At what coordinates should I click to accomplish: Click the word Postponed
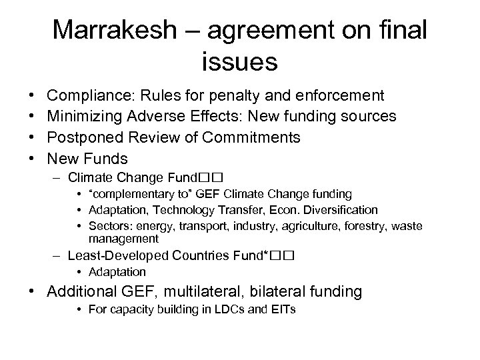coord(87,138)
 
